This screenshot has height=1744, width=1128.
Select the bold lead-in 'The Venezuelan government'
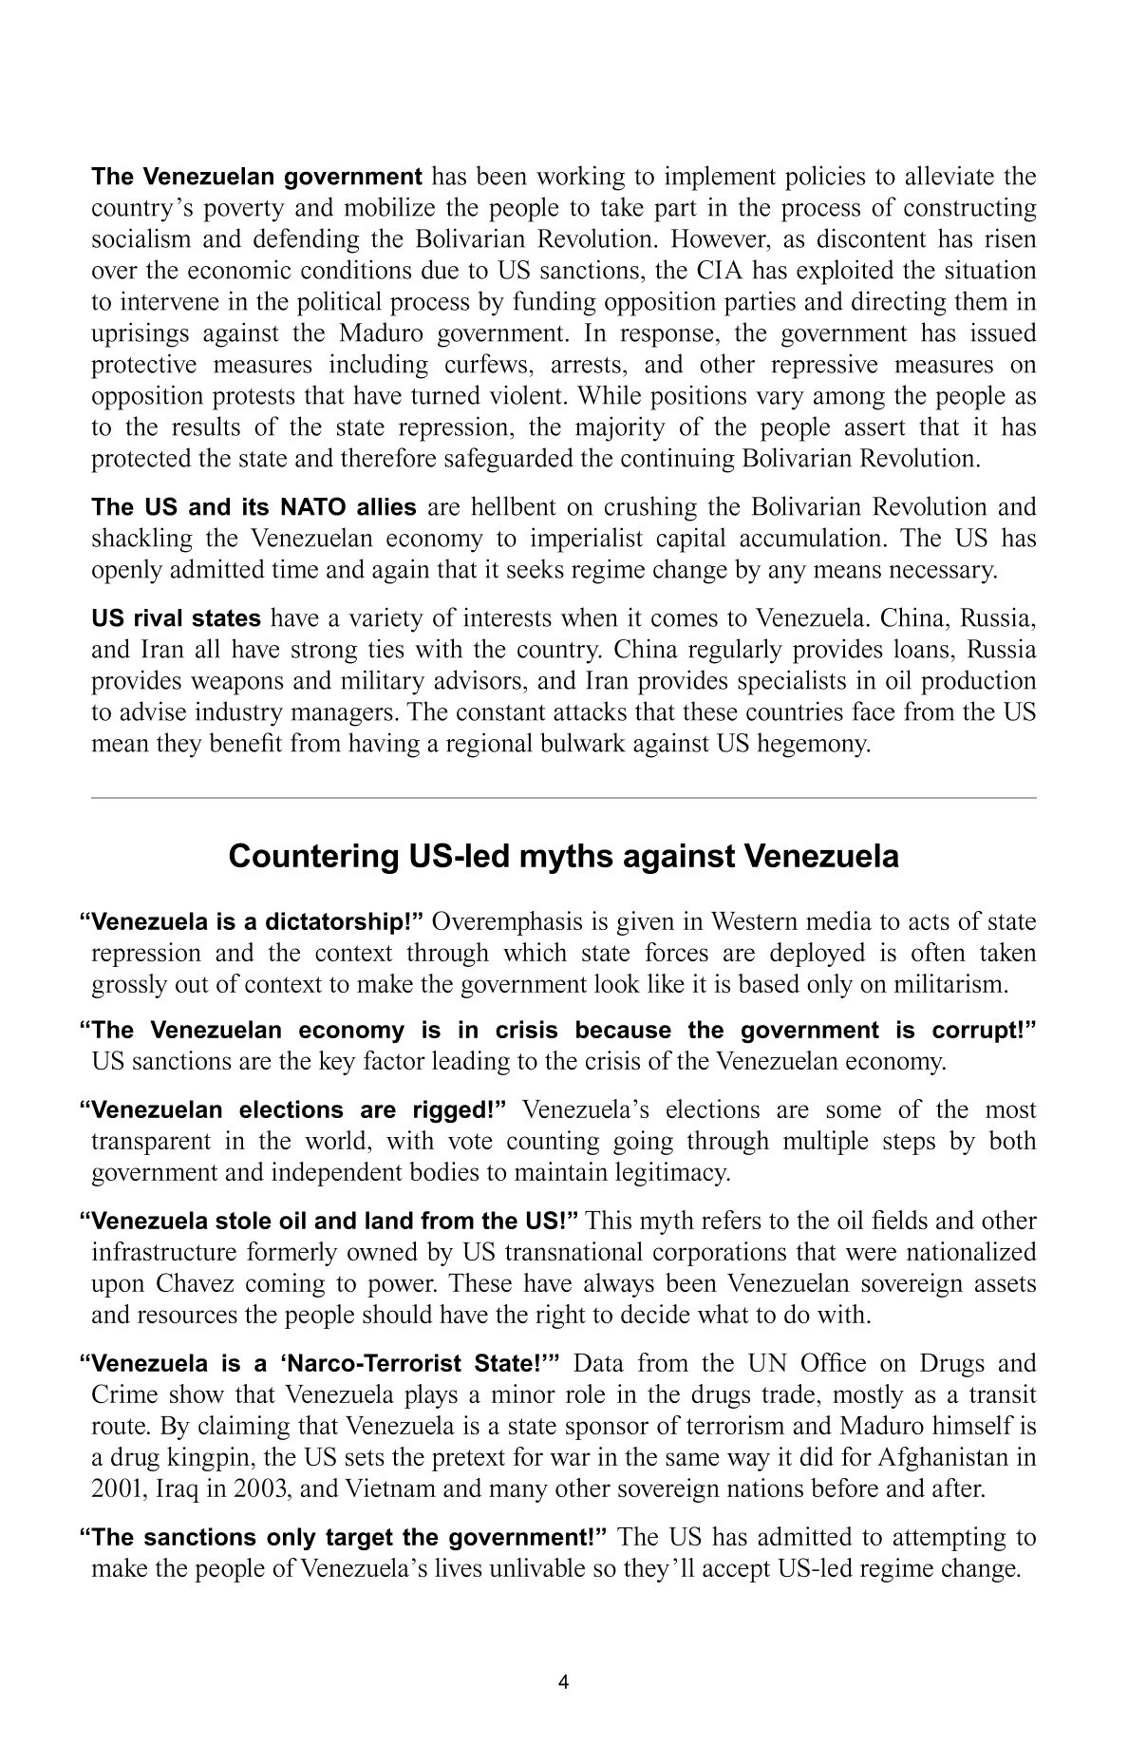point(256,177)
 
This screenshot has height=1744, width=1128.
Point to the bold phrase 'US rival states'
point(176,619)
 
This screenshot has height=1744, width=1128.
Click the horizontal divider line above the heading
point(563,799)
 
